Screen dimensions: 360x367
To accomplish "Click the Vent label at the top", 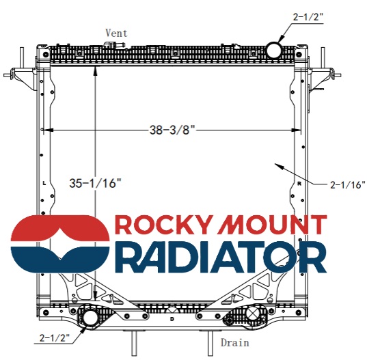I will [116, 33].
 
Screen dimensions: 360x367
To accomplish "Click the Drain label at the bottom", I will [234, 342].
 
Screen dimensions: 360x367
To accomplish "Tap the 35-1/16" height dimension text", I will [95, 182].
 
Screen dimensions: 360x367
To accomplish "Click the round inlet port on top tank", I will [273, 49].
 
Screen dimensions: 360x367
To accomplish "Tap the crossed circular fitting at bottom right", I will [253, 314].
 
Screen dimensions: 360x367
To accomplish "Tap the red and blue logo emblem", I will [60, 245].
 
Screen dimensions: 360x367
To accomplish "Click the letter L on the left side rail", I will [44, 184].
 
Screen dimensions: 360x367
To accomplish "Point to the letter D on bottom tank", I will [172, 319].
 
